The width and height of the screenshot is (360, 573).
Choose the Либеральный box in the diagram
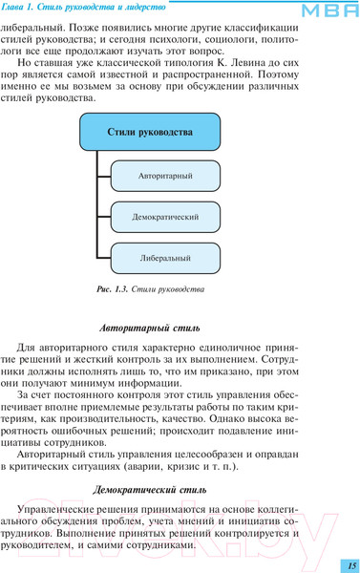(163, 257)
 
